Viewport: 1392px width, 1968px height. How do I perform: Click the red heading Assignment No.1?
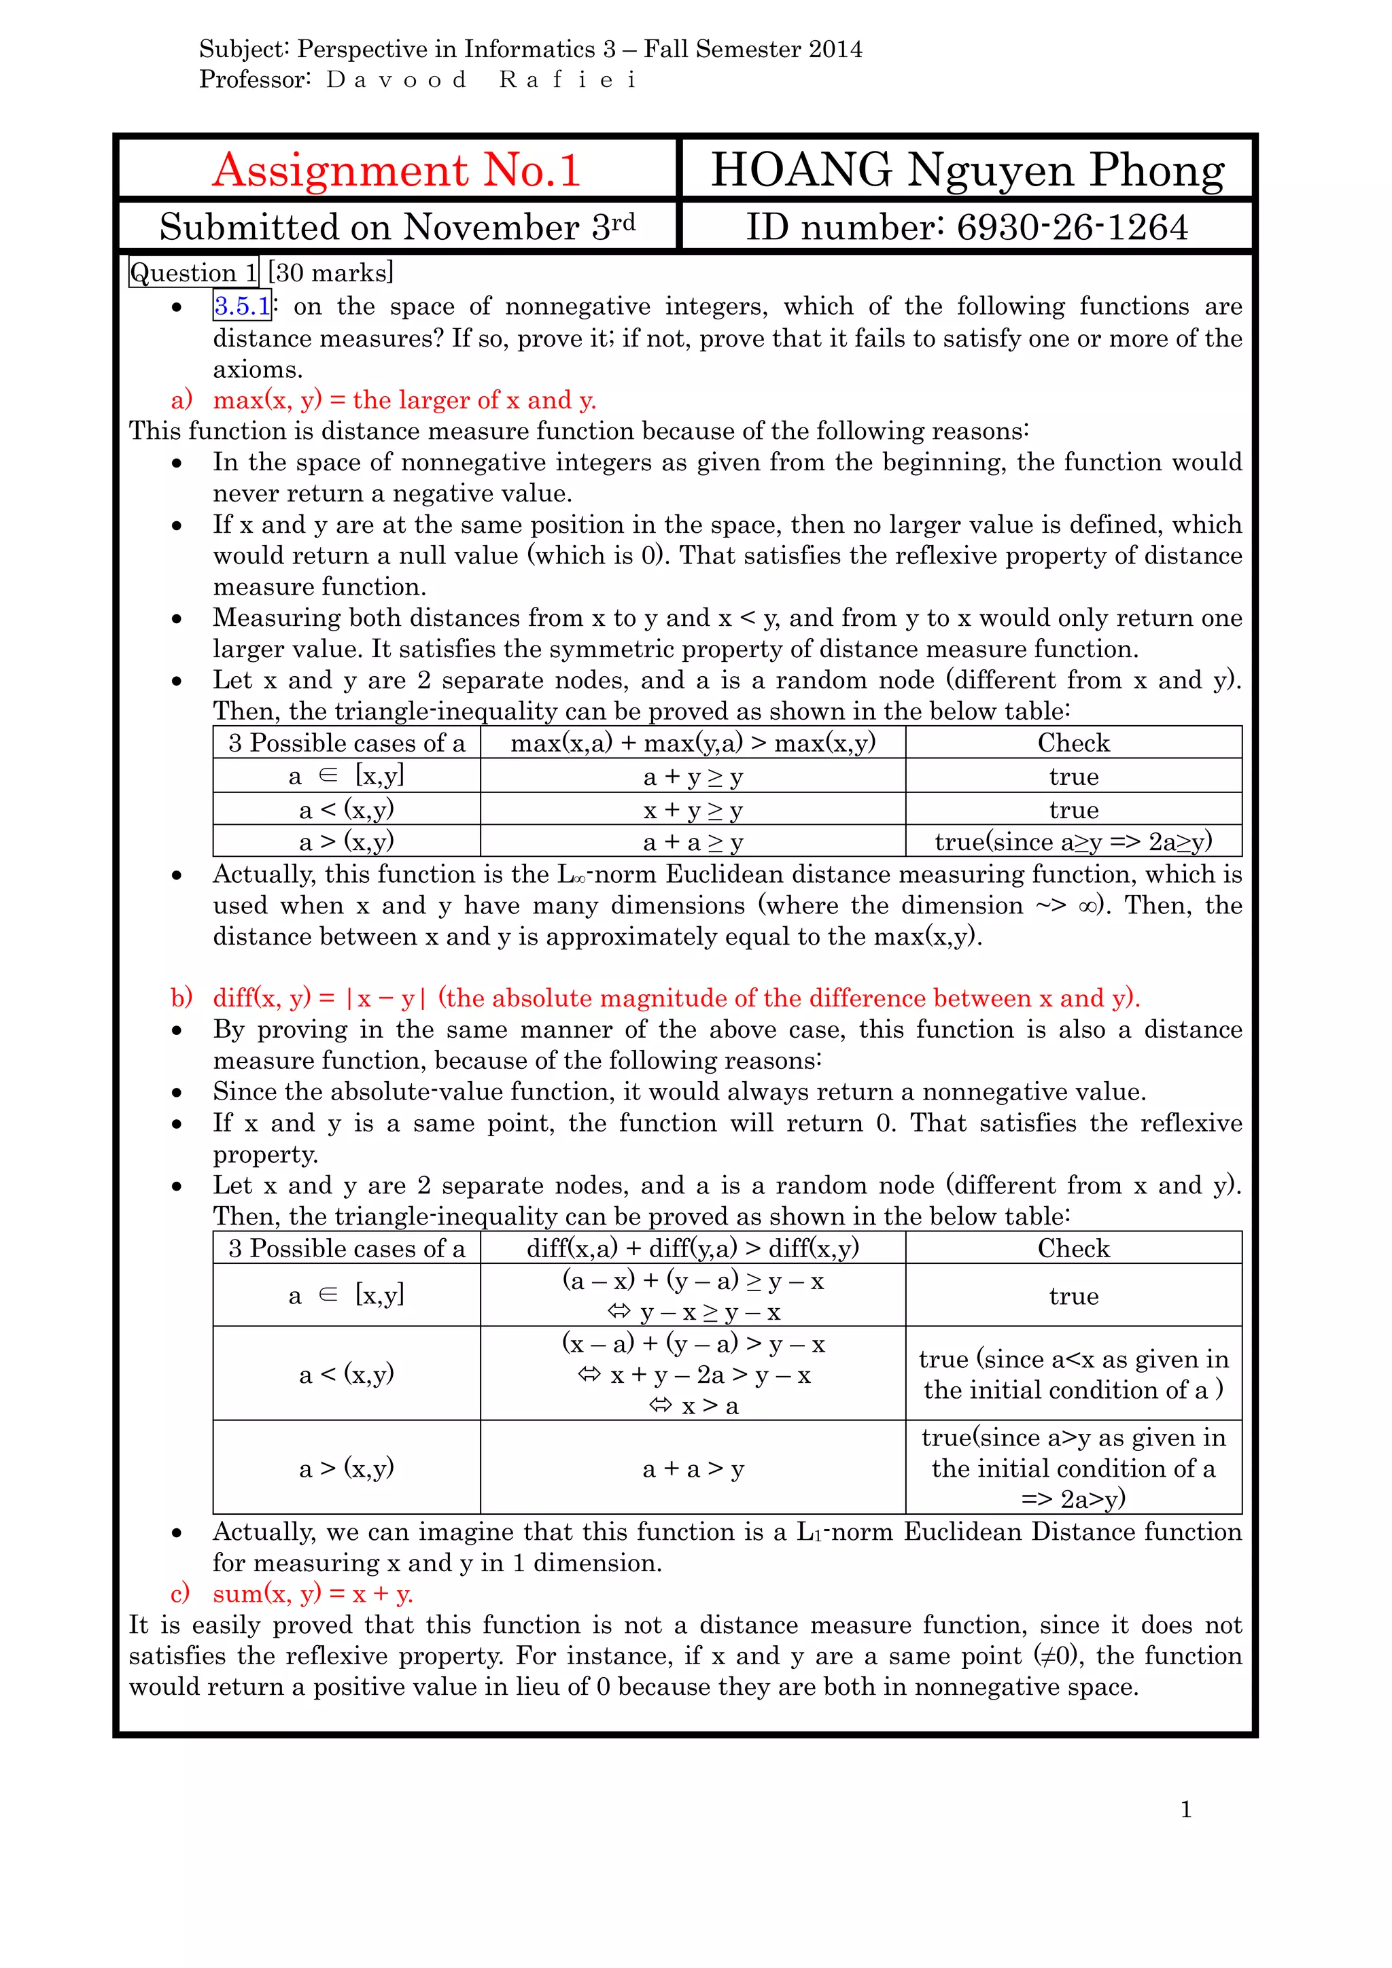tap(396, 170)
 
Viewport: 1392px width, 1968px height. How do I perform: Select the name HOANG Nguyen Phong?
tap(967, 170)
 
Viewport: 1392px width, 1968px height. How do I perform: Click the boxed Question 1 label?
tap(194, 273)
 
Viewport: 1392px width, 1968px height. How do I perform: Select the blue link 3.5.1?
tap(242, 306)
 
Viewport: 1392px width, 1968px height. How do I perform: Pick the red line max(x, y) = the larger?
tap(404, 400)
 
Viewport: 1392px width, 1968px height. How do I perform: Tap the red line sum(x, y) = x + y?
tap(313, 1594)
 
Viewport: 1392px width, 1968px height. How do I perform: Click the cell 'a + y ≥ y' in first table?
tap(693, 777)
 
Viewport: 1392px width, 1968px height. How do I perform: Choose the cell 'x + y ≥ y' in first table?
tap(693, 809)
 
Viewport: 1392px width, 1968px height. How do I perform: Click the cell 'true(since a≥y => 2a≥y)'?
tap(1073, 842)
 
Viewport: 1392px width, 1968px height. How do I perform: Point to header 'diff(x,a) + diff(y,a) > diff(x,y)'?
tap(693, 1248)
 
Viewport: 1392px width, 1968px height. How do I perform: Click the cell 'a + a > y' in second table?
tap(693, 1469)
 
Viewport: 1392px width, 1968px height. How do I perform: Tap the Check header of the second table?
tap(1073, 1248)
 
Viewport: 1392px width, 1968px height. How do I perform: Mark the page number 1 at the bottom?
tap(1185, 1810)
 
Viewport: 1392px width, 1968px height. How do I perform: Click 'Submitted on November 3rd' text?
tap(397, 227)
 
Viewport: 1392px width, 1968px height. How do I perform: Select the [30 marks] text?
tap(330, 273)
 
